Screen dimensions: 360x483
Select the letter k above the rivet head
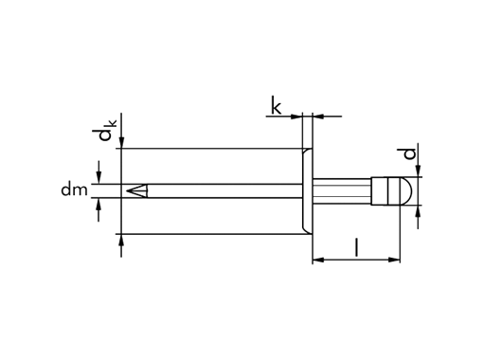[276, 106]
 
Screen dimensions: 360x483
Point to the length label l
[355, 247]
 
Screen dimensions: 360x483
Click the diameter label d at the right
[408, 153]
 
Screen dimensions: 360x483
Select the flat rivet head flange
[307, 190]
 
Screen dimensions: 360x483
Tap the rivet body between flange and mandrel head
[341, 190]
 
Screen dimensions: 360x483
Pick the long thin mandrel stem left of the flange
[218, 191]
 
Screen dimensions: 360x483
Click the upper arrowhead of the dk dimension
[121, 143]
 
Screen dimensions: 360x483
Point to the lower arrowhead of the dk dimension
[121, 239]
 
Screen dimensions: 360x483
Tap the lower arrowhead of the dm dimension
[98, 204]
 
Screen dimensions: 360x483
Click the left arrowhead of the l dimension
[318, 259]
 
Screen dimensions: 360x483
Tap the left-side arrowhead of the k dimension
[296, 117]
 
